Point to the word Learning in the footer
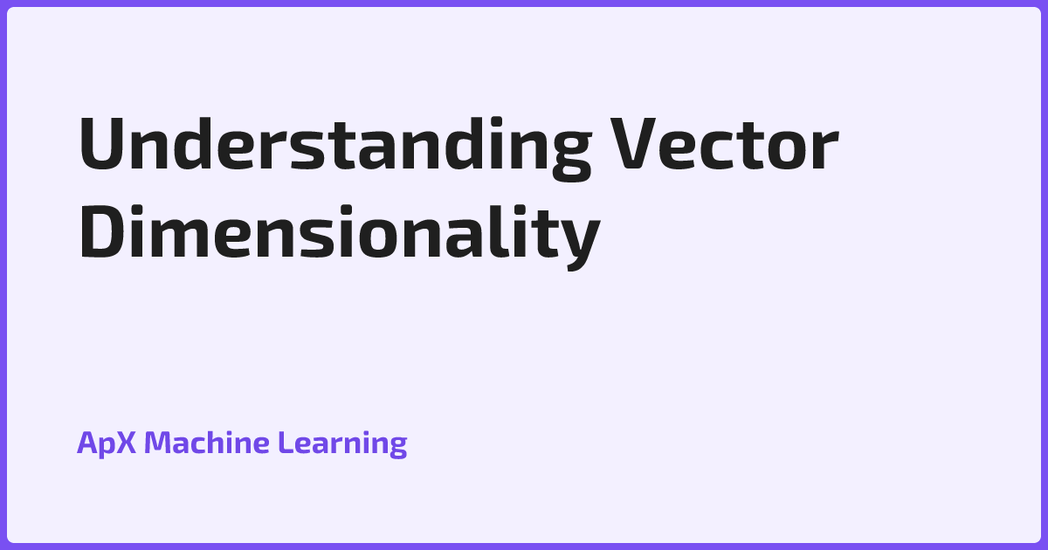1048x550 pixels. pos(342,443)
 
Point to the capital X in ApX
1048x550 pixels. pos(127,443)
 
